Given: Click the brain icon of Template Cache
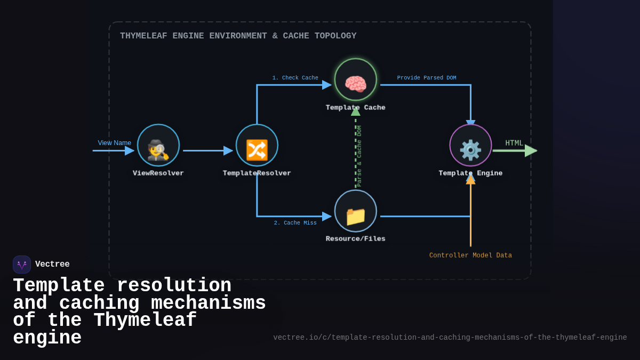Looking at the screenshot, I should (x=356, y=84).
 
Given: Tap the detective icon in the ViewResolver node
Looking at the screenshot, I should (x=158, y=150).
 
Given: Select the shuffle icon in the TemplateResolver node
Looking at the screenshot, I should (x=257, y=150).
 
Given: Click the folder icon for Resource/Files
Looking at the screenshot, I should (x=356, y=216).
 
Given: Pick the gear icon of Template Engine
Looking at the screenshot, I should (x=470, y=150).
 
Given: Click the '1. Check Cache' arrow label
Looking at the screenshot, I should (x=295, y=78).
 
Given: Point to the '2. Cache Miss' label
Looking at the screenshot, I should (x=295, y=223).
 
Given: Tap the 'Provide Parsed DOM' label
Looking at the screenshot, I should (x=427, y=78).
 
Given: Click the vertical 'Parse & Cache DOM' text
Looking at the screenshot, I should (x=359, y=156).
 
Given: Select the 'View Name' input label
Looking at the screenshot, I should (x=114, y=143).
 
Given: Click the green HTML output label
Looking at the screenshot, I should (x=514, y=143).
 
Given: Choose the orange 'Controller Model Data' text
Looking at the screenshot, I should (x=470, y=255).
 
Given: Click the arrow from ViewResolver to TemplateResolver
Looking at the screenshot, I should (x=208, y=151).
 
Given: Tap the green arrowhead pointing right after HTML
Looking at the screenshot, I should (x=531, y=151).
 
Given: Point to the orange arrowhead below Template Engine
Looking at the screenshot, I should (x=470, y=180).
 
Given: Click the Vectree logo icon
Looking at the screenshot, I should (x=22, y=265).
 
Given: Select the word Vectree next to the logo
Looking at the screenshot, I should (x=52, y=265).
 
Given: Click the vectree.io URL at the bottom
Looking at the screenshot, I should (x=450, y=338).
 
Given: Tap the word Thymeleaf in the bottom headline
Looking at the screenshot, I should (x=145, y=321).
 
